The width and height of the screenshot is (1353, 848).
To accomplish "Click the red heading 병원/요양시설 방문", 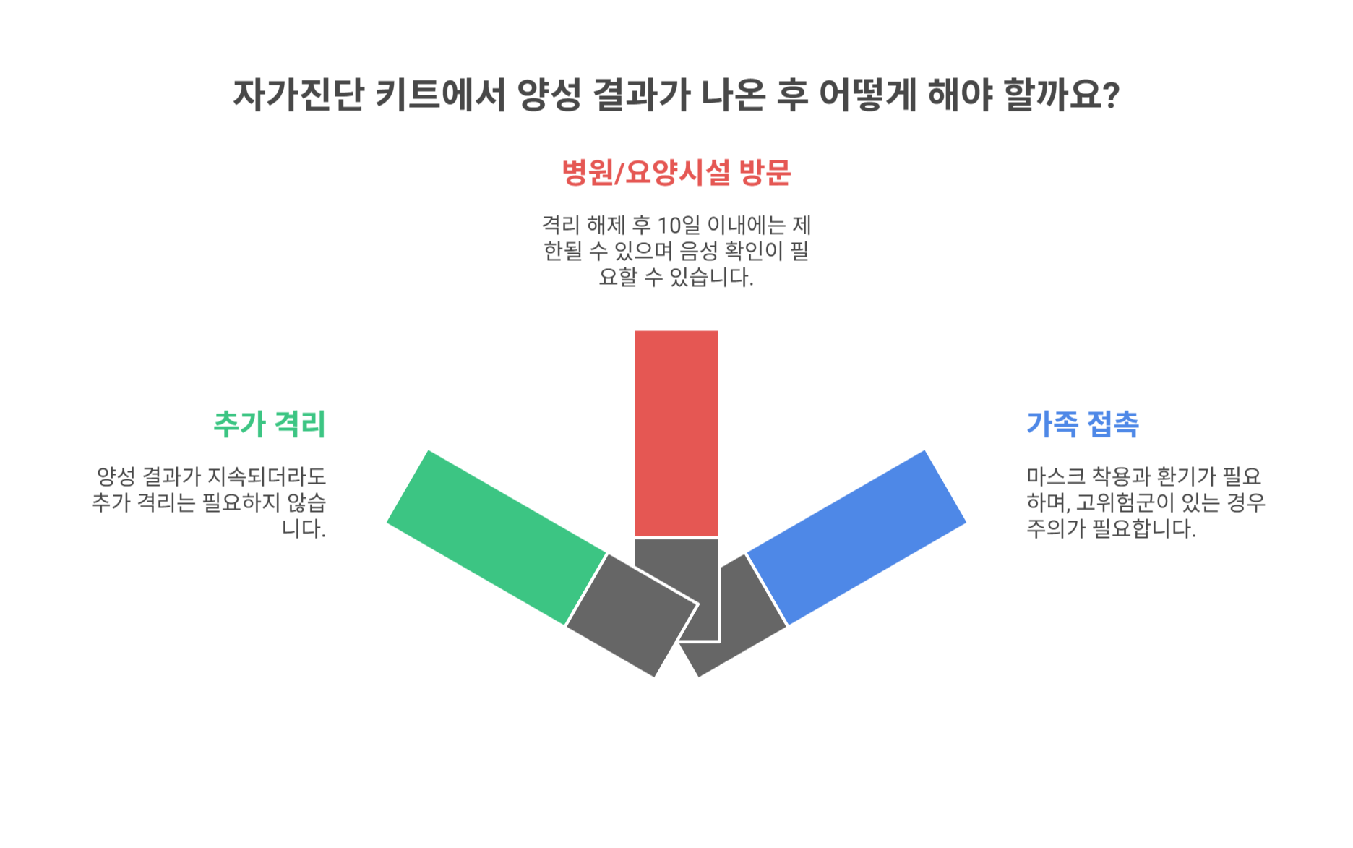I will click(x=676, y=173).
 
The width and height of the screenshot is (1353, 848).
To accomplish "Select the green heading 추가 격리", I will click(x=269, y=424).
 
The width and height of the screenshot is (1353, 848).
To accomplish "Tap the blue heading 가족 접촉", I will click(x=1082, y=424).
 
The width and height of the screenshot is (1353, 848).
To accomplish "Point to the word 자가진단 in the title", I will click(x=297, y=95).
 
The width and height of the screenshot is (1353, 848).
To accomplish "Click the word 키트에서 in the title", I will click(x=440, y=95).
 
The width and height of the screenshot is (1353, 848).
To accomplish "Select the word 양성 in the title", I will click(x=549, y=95).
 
